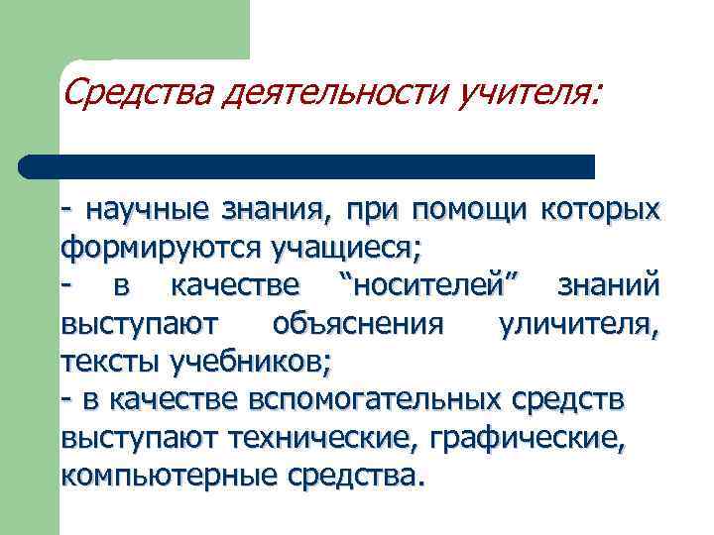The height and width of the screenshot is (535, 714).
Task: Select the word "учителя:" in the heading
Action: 528,95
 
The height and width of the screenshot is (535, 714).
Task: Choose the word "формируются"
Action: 143,245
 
